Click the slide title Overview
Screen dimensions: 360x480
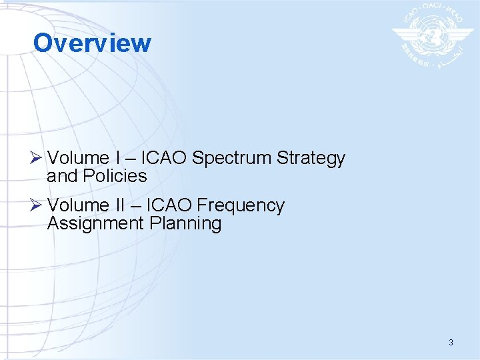tap(92, 43)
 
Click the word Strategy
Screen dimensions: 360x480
tap(311, 159)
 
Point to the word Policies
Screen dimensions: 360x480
tap(115, 176)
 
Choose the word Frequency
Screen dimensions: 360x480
tap(241, 206)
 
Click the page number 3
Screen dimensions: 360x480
tap(451, 343)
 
